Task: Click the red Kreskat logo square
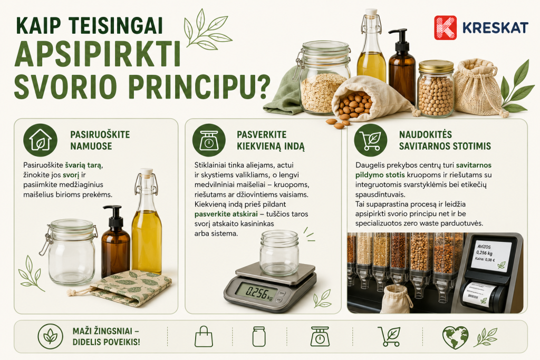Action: pos(445,27)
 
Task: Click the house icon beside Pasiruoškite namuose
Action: pos(40,140)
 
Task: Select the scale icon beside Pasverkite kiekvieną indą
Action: pos(209,140)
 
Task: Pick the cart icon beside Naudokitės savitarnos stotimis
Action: pos(371,140)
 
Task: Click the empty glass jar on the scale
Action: pos(279,253)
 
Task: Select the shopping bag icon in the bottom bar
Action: pos(204,336)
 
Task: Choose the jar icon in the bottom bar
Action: pos(259,336)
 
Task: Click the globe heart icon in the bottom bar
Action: pos(455,337)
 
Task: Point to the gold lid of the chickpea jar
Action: pos(436,66)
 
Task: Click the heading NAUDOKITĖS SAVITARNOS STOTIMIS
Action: pos(445,140)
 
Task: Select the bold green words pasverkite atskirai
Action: pos(226,214)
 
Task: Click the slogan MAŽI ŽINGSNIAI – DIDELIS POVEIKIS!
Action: pos(106,337)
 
